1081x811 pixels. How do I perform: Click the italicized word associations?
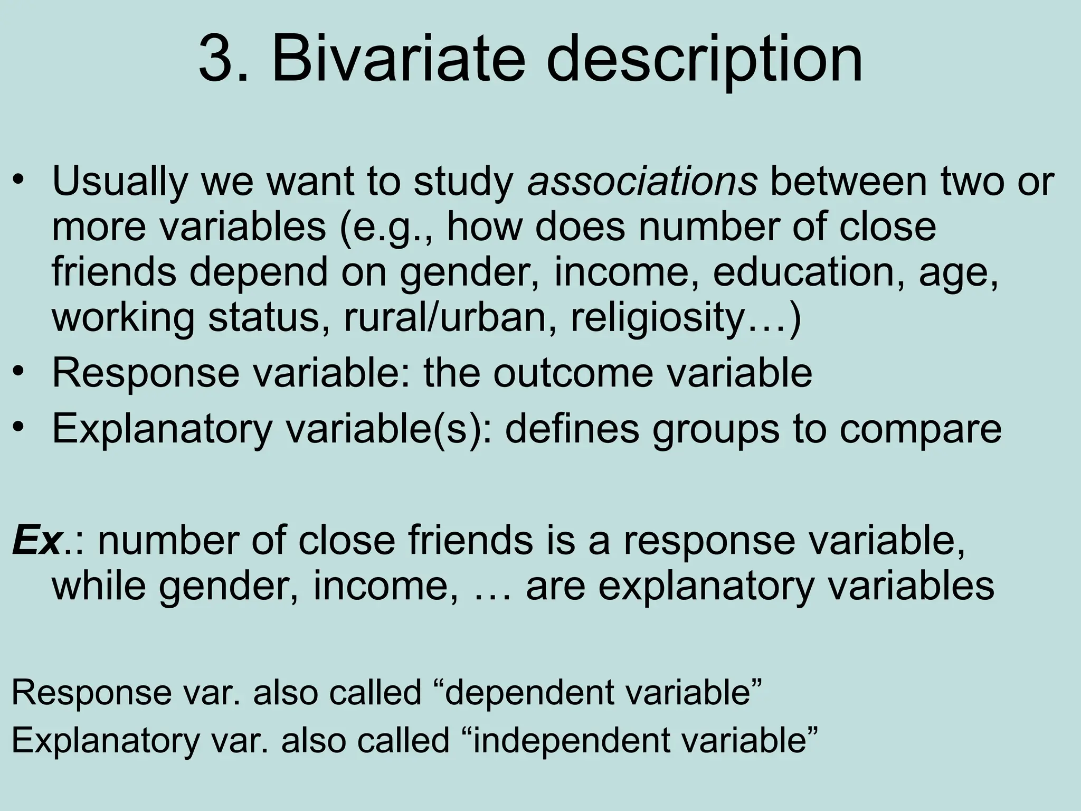tap(642, 181)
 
